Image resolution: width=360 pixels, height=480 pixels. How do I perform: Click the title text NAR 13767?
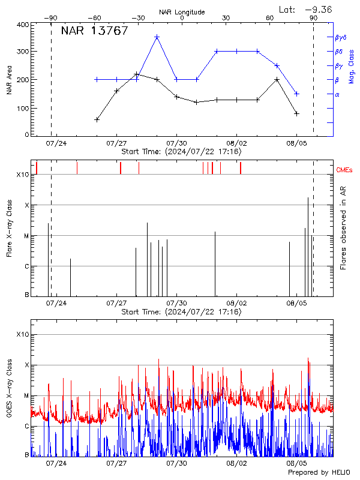click(95, 31)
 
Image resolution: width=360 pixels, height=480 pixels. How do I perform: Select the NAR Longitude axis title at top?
click(182, 12)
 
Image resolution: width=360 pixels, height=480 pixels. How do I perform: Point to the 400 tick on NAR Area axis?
click(22, 25)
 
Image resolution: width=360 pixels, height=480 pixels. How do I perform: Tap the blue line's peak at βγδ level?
click(157, 37)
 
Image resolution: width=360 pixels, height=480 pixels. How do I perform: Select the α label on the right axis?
click(337, 94)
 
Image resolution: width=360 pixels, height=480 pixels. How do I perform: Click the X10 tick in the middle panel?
click(22, 175)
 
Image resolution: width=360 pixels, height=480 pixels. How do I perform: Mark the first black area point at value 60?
click(97, 119)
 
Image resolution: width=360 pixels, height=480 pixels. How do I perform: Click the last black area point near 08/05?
click(296, 113)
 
